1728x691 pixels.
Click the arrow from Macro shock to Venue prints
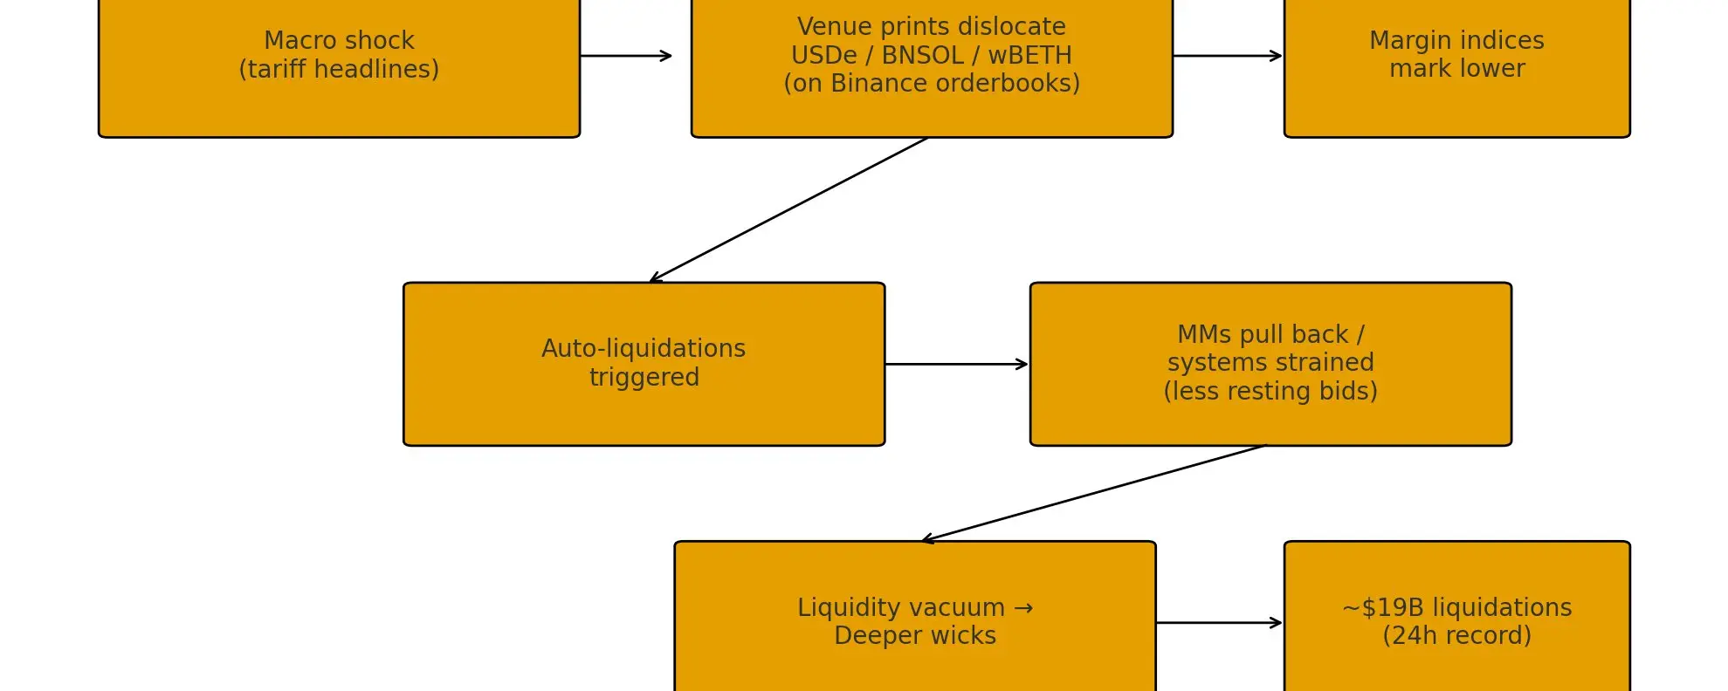[625, 56]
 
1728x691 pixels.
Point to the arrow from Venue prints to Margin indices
[1227, 56]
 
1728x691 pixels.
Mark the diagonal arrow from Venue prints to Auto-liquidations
[788, 209]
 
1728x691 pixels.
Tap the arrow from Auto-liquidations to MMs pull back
[956, 364]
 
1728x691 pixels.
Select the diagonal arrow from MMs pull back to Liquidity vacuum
[1093, 493]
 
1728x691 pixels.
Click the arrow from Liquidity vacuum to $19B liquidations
[1219, 623]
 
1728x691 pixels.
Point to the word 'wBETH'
[1029, 56]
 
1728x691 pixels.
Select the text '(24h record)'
[1456, 636]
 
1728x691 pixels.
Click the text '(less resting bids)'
[1270, 392]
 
